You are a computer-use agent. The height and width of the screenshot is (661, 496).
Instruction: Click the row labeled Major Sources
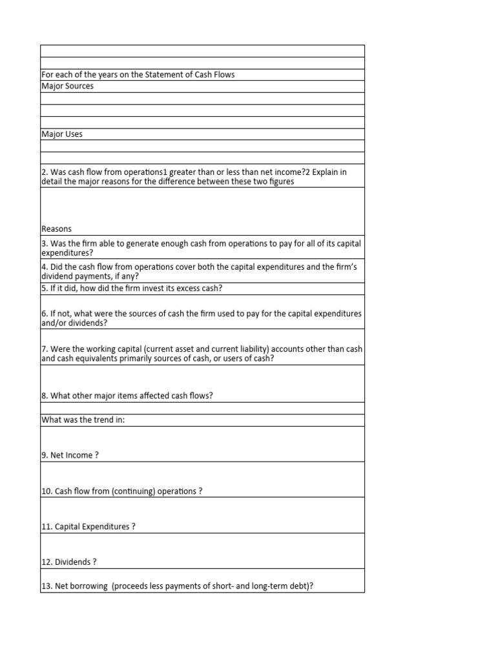(x=67, y=86)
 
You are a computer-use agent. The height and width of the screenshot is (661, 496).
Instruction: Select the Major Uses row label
(x=62, y=134)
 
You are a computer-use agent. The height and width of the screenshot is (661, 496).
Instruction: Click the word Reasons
(x=56, y=229)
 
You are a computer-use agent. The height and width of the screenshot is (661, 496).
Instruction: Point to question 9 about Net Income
(x=70, y=456)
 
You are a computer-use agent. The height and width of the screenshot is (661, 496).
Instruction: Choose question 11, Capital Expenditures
(x=88, y=527)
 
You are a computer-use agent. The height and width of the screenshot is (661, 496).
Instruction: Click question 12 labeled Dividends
(x=68, y=562)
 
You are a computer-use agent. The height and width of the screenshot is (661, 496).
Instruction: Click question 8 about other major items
(x=127, y=396)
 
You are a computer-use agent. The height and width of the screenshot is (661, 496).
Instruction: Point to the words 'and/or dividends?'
(x=75, y=323)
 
